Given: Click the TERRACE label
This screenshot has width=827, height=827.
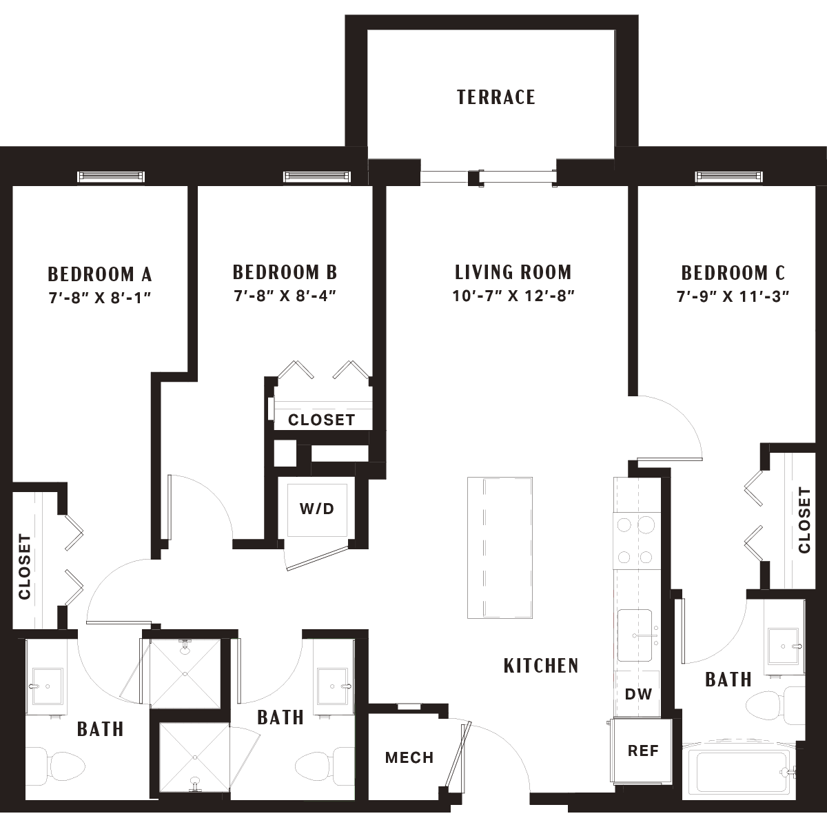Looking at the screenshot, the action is (x=496, y=97).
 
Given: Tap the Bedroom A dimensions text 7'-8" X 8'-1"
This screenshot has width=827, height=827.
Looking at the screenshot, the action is (x=100, y=298).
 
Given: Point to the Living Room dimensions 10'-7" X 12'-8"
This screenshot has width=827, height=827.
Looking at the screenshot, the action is (x=513, y=296).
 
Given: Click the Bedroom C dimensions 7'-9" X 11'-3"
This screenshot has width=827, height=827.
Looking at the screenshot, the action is (x=733, y=296).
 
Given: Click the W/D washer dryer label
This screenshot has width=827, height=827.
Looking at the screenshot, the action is (x=317, y=509).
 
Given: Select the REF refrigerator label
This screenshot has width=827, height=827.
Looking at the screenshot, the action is (x=643, y=751).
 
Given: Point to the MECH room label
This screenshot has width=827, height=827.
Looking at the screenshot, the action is (x=409, y=758).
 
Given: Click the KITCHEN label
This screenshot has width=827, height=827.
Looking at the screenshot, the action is (x=541, y=666).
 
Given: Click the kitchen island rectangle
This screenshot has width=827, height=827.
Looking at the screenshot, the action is (x=500, y=548).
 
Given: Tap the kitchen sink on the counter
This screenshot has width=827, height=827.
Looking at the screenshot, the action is (x=635, y=635).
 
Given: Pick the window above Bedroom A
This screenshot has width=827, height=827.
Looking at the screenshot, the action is (x=111, y=176).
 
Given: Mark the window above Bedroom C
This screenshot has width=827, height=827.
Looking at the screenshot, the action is (x=729, y=176).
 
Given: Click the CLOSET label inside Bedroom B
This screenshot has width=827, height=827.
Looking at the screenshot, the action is (x=321, y=420).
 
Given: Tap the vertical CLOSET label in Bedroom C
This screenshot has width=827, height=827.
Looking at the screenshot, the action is (x=804, y=520).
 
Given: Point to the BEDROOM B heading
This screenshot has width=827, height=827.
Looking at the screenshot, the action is (x=285, y=272).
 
